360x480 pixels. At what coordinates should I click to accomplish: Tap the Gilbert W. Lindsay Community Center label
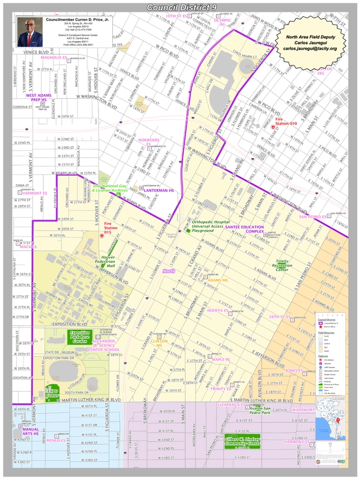pyautogui.click(x=242, y=441)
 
